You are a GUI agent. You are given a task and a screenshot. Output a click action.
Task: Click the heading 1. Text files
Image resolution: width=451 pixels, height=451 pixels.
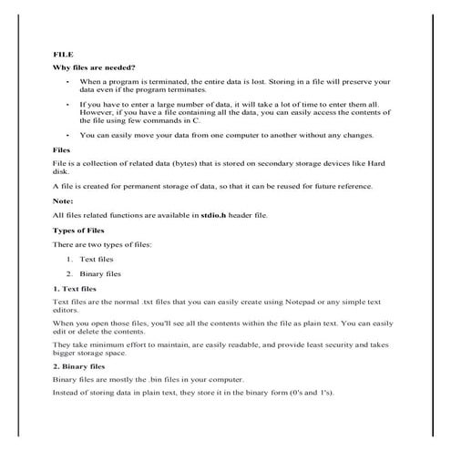click(77, 288)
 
